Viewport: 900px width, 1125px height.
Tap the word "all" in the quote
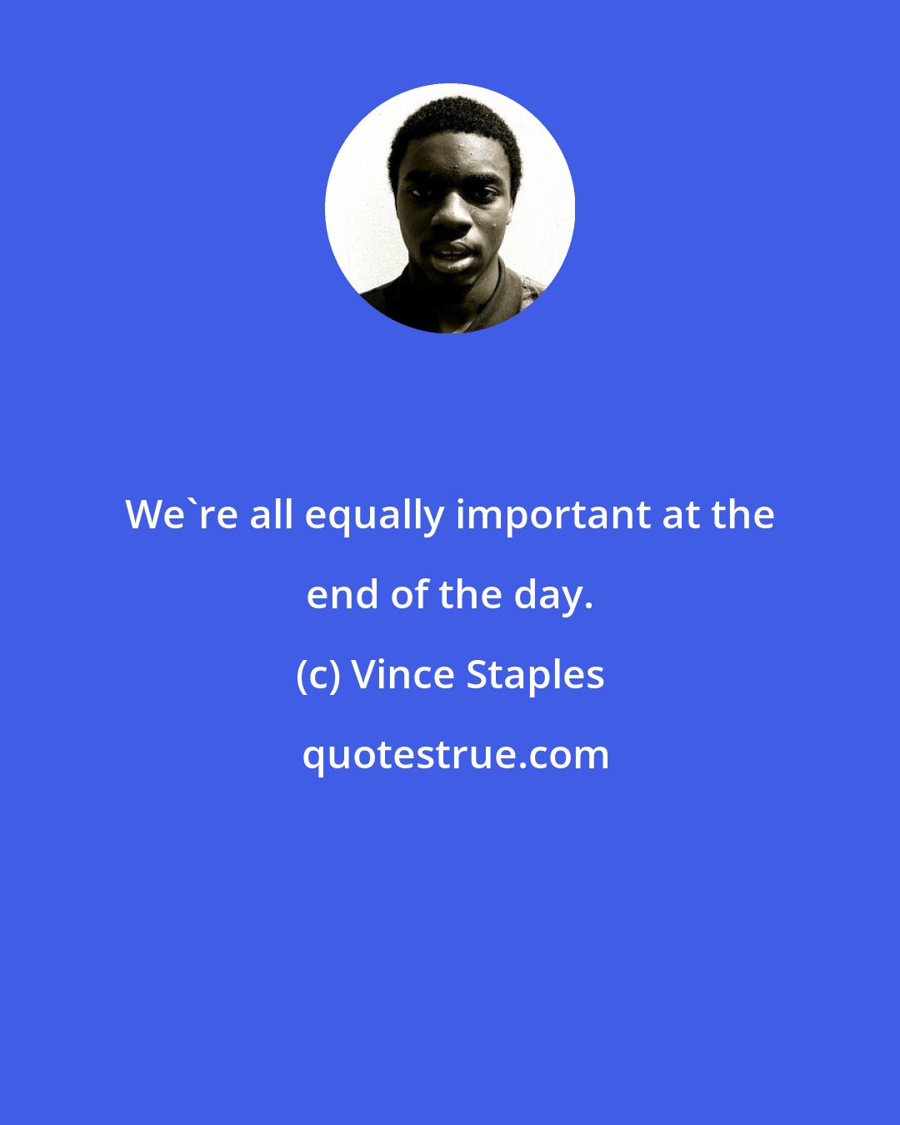(272, 515)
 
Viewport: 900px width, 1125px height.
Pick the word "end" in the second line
(338, 595)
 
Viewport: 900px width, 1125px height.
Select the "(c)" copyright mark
(317, 675)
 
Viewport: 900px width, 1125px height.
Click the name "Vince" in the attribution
(403, 675)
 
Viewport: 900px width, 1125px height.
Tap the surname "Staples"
(535, 675)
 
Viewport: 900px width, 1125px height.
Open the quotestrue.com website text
(455, 755)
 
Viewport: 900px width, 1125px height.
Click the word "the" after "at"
(742, 515)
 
